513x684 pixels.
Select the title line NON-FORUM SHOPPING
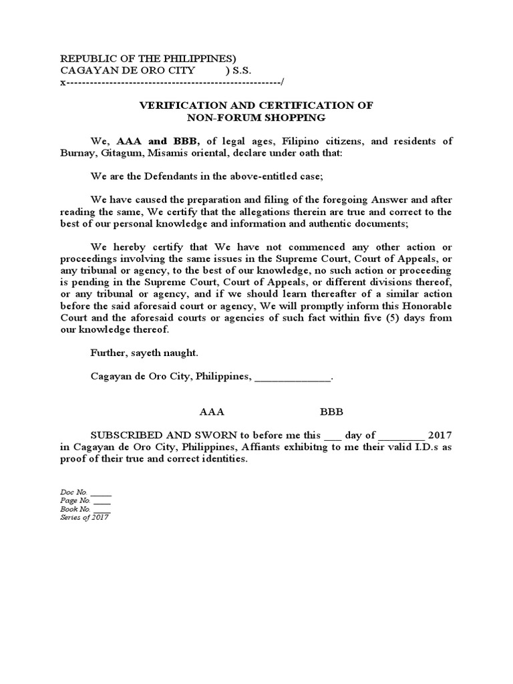coord(256,118)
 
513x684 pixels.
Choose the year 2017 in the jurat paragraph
coord(440,436)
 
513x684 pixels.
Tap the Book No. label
coord(75,509)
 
